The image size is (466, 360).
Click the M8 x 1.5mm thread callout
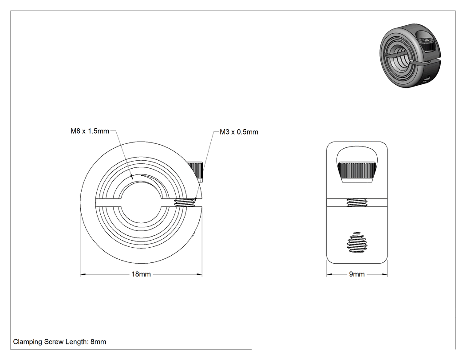point(90,131)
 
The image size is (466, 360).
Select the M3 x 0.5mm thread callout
point(239,132)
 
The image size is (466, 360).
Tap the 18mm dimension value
point(141,274)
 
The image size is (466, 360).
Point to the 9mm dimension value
point(357,274)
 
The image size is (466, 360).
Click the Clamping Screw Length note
point(59,342)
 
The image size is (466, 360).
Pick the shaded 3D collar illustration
point(410,55)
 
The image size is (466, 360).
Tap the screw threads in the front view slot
point(185,203)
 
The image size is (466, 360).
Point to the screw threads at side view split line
point(357,202)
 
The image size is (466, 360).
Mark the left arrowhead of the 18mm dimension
point(83,274)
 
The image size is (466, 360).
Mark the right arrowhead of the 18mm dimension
point(199,274)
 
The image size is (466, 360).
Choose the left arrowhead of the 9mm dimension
point(329,274)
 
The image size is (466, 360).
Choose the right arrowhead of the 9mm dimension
point(385,274)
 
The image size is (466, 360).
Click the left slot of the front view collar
point(108,202)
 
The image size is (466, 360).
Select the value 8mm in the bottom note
point(99,342)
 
